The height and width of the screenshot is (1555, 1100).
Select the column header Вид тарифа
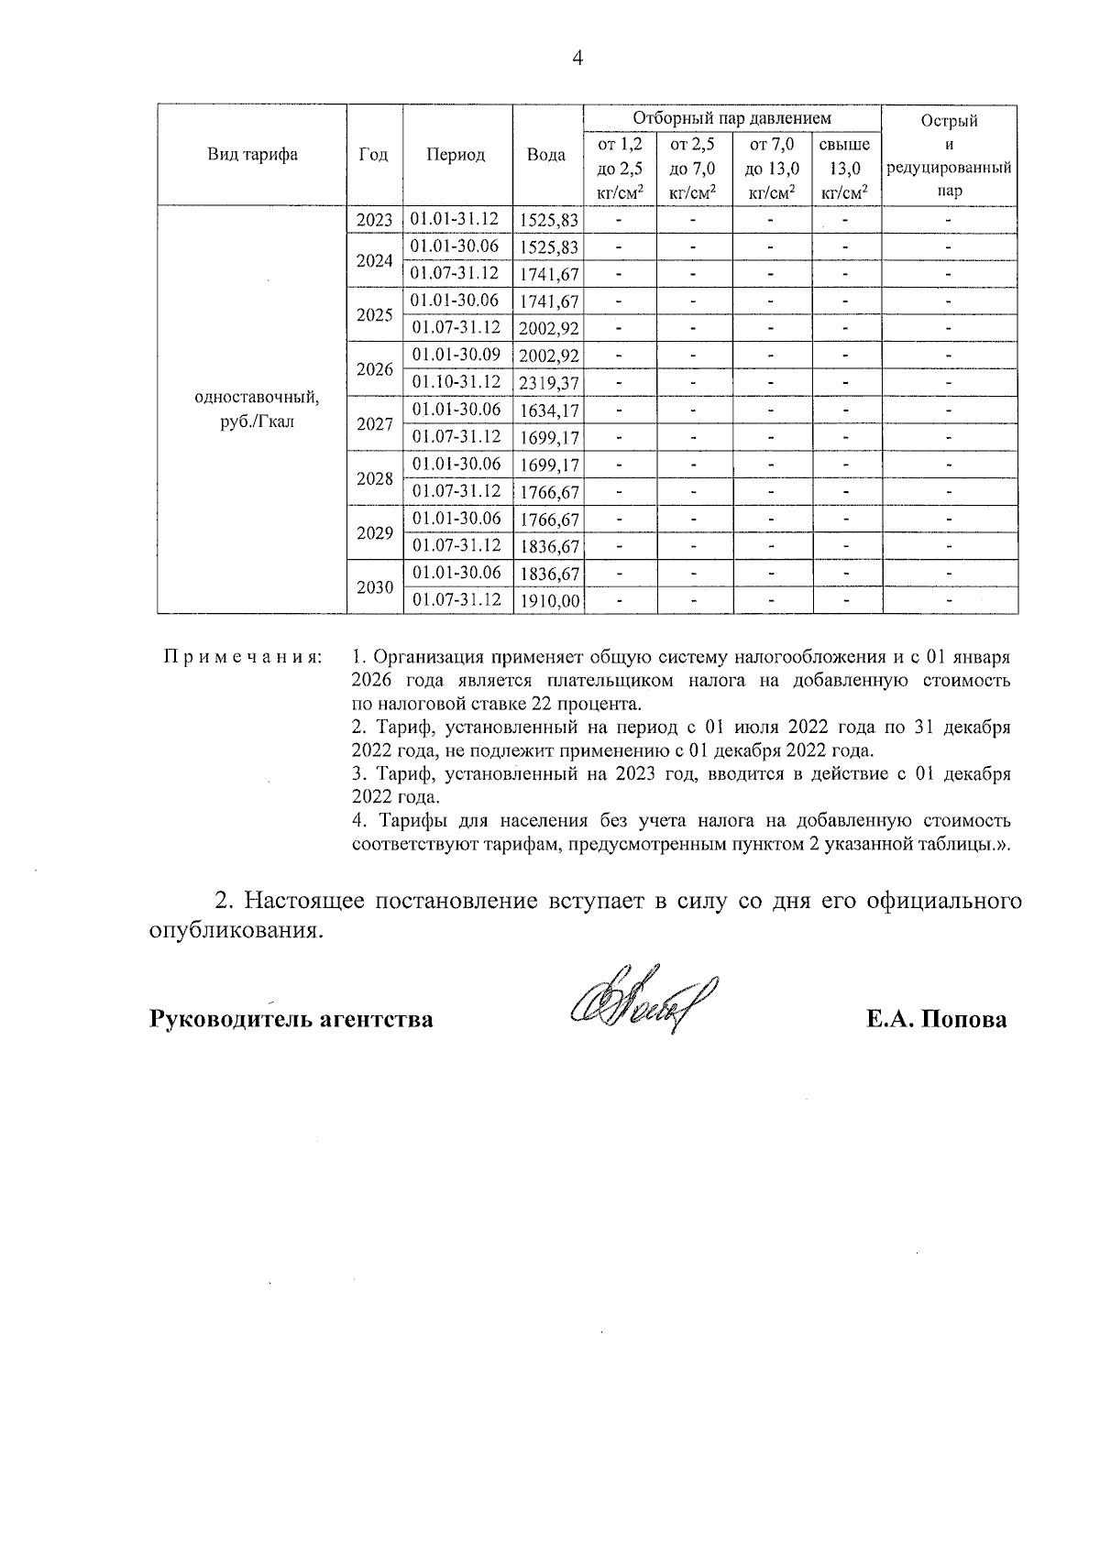[252, 155]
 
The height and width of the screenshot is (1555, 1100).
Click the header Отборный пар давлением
[731, 119]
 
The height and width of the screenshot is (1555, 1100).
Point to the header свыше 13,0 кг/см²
[845, 169]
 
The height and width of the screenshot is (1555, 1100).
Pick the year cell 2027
[374, 424]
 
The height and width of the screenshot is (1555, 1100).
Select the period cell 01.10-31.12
[456, 381]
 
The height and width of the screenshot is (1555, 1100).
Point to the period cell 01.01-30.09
[456, 355]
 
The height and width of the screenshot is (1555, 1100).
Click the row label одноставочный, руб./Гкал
[257, 411]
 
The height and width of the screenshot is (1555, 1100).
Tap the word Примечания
[242, 658]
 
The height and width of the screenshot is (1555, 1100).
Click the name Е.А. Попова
[936, 1020]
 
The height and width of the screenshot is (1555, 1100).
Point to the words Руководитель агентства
[291, 1020]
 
